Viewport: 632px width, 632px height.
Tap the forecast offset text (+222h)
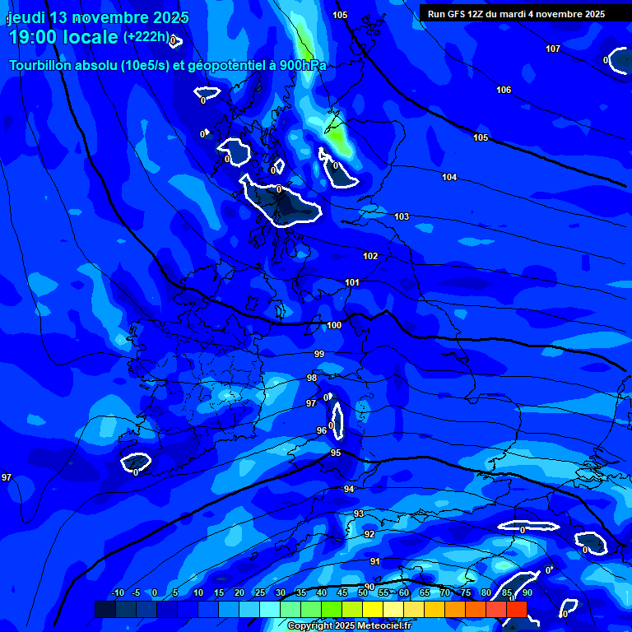point(146,37)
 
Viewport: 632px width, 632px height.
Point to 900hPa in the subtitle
point(302,65)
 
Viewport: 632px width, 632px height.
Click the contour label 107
point(553,49)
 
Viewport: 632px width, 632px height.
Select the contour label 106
point(504,90)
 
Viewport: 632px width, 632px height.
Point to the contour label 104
point(449,177)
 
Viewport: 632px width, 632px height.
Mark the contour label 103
point(402,216)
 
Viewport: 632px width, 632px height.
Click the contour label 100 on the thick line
point(334,325)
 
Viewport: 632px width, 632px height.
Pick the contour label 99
point(319,354)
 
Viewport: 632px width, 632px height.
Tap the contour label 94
point(349,489)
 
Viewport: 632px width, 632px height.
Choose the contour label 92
point(369,534)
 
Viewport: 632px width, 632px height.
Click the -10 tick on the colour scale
point(118,592)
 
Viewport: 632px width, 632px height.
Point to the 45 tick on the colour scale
point(342,592)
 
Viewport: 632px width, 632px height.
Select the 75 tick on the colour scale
point(465,592)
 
